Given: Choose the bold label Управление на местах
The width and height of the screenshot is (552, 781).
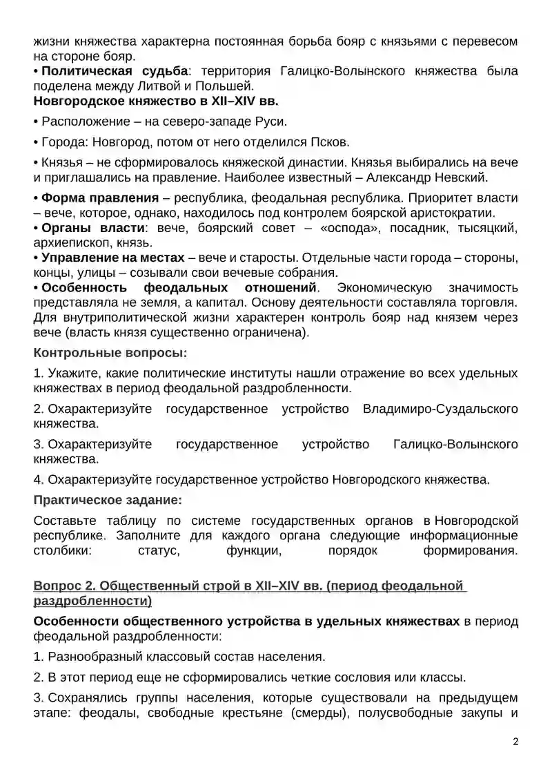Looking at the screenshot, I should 112,258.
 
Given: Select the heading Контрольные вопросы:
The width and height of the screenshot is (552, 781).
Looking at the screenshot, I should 110,352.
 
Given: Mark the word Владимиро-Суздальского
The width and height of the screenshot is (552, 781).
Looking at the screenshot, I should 440,409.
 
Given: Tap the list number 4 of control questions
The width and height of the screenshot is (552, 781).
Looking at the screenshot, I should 38,479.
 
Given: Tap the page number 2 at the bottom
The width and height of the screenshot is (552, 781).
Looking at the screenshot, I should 515,742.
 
